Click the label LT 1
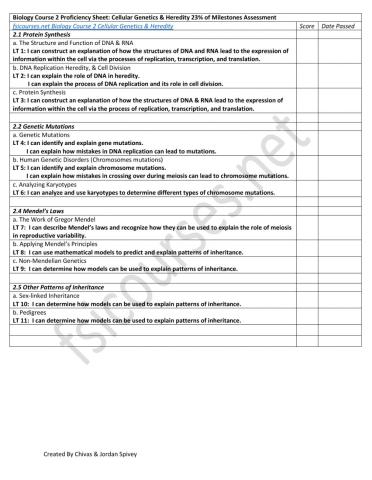pyautogui.click(x=18, y=50)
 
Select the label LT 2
pyautogui.click(x=18, y=75)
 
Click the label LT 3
pyautogui.click(x=18, y=101)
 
